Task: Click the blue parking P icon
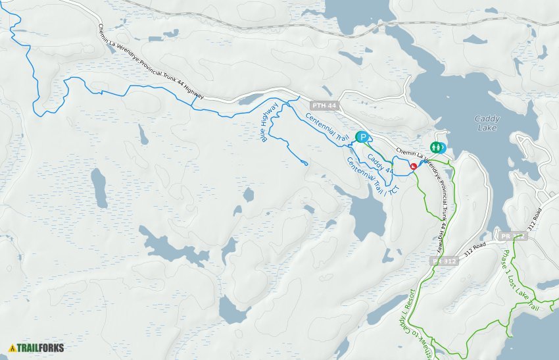point(362,137)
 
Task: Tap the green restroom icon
point(437,148)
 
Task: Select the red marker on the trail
point(413,167)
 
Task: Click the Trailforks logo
point(36,347)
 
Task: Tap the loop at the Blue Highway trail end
point(304,163)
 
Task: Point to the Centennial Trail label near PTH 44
point(326,128)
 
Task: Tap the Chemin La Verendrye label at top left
point(151,63)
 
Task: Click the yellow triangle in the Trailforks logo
point(12,347)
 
